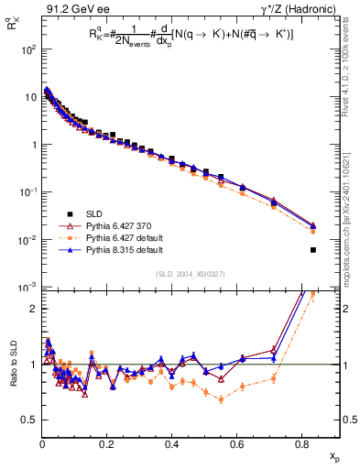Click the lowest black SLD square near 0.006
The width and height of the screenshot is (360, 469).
point(313,250)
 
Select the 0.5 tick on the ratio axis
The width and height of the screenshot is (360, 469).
point(29,420)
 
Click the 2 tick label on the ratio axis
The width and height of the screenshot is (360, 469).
point(34,309)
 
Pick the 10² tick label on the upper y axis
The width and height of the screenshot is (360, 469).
point(28,49)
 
